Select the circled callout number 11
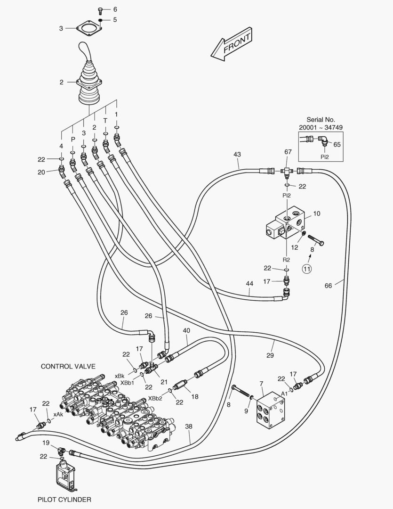tap(306, 269)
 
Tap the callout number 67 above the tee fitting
tap(288, 152)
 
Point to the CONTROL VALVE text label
tap(68, 366)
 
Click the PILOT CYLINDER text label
tap(64, 500)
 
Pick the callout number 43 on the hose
tap(237, 154)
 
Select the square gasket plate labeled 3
tap(86, 28)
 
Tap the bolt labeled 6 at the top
tap(100, 9)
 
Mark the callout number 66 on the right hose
tap(329, 285)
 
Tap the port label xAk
tap(58, 414)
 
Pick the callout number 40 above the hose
tap(186, 330)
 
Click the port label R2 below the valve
tap(286, 259)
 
